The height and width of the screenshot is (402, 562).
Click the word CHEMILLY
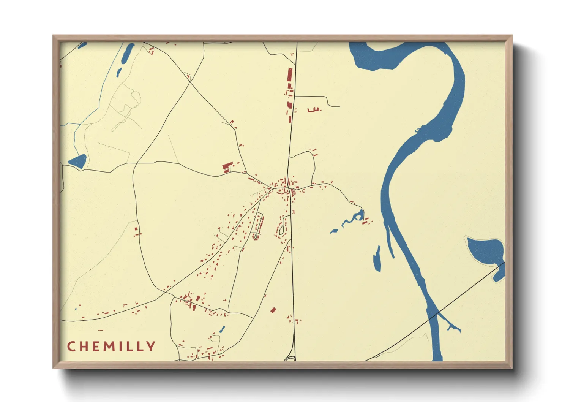(x=111, y=347)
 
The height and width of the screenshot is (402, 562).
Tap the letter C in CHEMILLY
(x=71, y=347)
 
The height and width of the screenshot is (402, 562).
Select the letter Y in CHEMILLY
(x=152, y=347)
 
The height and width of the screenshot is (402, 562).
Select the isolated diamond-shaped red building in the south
(x=273, y=310)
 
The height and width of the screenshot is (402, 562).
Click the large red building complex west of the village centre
(x=227, y=167)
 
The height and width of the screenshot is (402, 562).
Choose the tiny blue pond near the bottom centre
(x=222, y=329)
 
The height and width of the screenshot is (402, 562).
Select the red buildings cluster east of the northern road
(x=314, y=110)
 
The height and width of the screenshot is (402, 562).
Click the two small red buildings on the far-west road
(x=137, y=232)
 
